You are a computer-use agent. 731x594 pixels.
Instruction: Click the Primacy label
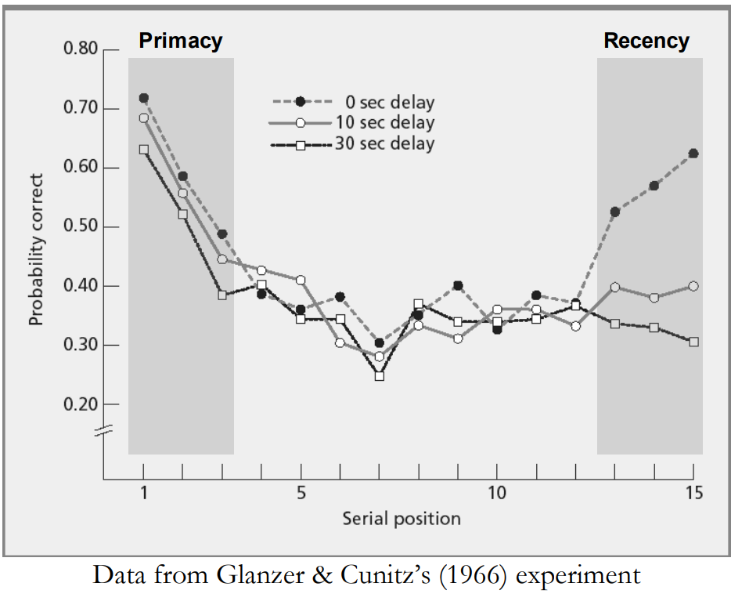click(x=181, y=41)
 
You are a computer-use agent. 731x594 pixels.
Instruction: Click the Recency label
click(x=646, y=41)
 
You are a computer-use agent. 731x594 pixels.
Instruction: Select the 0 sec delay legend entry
click(x=384, y=103)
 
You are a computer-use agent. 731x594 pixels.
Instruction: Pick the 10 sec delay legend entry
click(x=384, y=123)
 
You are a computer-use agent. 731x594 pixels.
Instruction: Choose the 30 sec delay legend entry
click(x=384, y=143)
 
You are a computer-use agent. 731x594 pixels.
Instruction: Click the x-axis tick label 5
click(x=301, y=494)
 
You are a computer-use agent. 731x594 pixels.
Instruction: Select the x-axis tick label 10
click(x=497, y=494)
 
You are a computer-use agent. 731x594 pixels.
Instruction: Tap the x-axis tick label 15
click(x=693, y=494)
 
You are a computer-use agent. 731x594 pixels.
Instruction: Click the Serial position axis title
click(x=402, y=519)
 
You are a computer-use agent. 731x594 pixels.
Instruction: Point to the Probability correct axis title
click(x=36, y=250)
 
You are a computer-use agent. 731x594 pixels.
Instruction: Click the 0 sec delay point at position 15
click(x=693, y=154)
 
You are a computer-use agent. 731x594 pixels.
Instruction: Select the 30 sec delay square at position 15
click(x=693, y=342)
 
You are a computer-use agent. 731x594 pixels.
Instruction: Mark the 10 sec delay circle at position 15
click(x=693, y=286)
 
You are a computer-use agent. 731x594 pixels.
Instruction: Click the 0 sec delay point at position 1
click(x=143, y=98)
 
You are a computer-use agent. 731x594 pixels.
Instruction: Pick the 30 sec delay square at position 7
click(x=379, y=376)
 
